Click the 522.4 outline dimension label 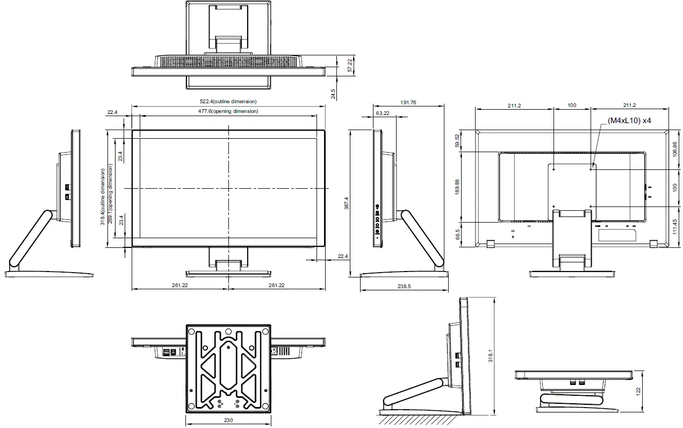point(228,102)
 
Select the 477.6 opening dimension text point(228,111)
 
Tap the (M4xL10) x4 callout point(629,121)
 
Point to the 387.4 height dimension point(347,203)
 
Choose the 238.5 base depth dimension point(404,287)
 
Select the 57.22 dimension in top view point(350,66)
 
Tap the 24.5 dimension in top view point(333,94)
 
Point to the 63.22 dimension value point(383,113)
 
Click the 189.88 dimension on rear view point(457,187)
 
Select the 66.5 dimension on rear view point(457,234)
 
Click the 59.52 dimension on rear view point(457,141)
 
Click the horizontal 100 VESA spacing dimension point(572,105)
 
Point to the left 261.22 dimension point(180,286)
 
